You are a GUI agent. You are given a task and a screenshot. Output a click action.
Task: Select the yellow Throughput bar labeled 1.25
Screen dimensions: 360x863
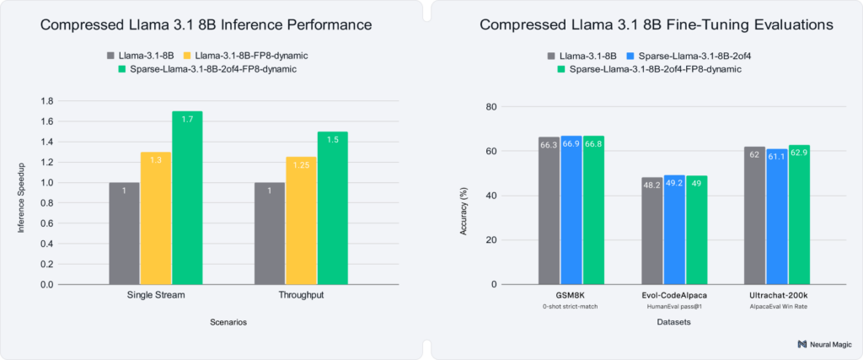coord(300,220)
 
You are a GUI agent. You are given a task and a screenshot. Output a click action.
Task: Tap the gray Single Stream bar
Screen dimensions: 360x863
coord(124,233)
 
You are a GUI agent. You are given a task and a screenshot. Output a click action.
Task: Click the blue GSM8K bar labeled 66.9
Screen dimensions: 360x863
coord(571,210)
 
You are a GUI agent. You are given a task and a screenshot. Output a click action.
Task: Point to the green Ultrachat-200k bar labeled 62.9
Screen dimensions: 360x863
coord(799,214)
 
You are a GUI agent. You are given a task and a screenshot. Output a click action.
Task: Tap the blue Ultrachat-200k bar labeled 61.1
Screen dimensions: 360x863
coord(777,216)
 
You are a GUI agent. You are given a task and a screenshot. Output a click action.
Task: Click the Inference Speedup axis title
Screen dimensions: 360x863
coord(23,192)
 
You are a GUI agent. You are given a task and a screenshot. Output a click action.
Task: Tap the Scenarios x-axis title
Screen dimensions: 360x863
coord(228,322)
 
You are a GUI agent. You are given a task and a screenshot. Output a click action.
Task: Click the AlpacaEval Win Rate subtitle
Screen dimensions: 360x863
coord(777,307)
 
